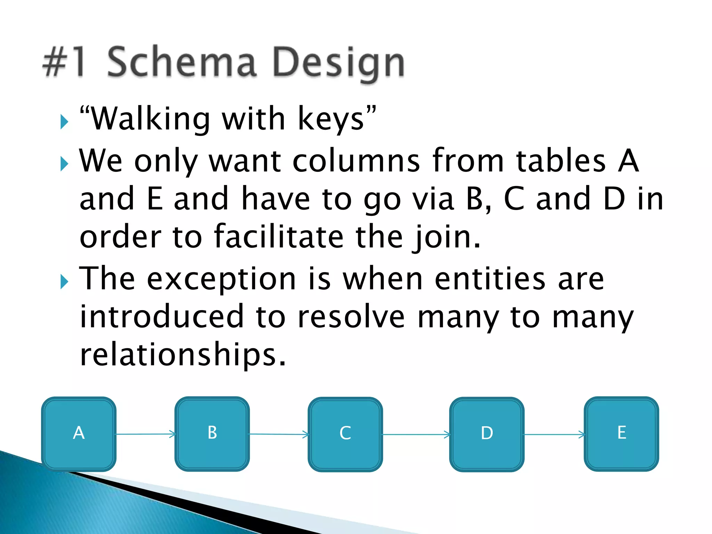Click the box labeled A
(79, 434)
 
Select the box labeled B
(212, 434)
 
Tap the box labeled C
(345, 434)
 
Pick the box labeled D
(487, 434)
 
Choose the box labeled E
(621, 434)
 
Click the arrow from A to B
(145, 434)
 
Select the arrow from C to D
(416, 434)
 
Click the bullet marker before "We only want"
(64, 163)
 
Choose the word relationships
(183, 355)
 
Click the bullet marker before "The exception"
(64, 281)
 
